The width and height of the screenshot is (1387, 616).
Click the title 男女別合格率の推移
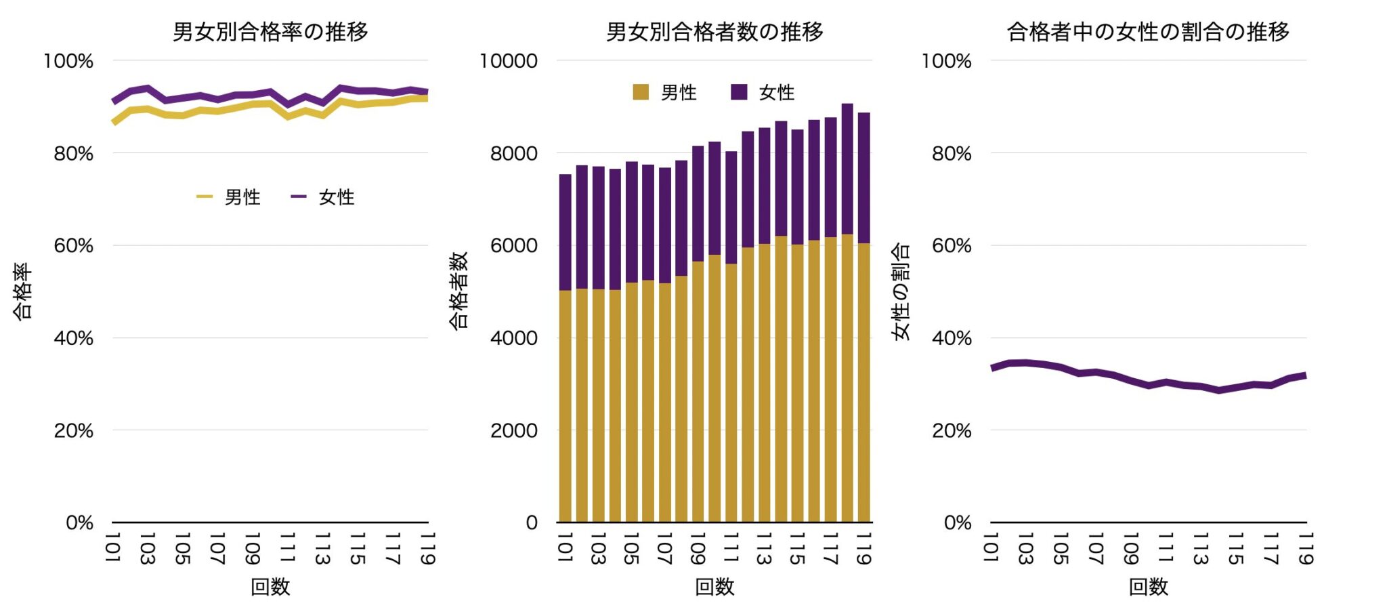click(270, 31)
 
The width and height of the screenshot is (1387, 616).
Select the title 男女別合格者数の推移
click(714, 31)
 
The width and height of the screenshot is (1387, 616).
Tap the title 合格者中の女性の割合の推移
click(1148, 31)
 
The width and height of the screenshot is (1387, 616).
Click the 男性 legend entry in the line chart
click(230, 197)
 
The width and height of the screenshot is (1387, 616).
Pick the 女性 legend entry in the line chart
click(324, 197)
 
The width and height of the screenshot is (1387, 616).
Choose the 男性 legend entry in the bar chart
click(665, 92)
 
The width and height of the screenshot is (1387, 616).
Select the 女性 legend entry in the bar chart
click(763, 92)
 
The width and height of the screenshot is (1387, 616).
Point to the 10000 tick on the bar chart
click(509, 61)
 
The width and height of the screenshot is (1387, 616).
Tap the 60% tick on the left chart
click(74, 245)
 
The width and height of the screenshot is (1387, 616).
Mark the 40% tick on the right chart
click(952, 338)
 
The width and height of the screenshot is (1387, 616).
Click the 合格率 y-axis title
click(22, 291)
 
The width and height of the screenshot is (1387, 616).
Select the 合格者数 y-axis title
click(458, 291)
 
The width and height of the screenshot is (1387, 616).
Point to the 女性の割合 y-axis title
click(901, 291)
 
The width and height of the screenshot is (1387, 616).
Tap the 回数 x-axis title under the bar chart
click(714, 586)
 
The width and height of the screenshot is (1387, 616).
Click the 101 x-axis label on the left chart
click(112, 548)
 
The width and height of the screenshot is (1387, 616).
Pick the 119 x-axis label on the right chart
click(1306, 548)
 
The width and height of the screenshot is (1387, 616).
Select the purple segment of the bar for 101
click(565, 232)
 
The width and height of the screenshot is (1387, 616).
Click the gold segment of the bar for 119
click(863, 383)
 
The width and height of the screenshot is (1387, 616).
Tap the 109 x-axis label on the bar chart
click(698, 548)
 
